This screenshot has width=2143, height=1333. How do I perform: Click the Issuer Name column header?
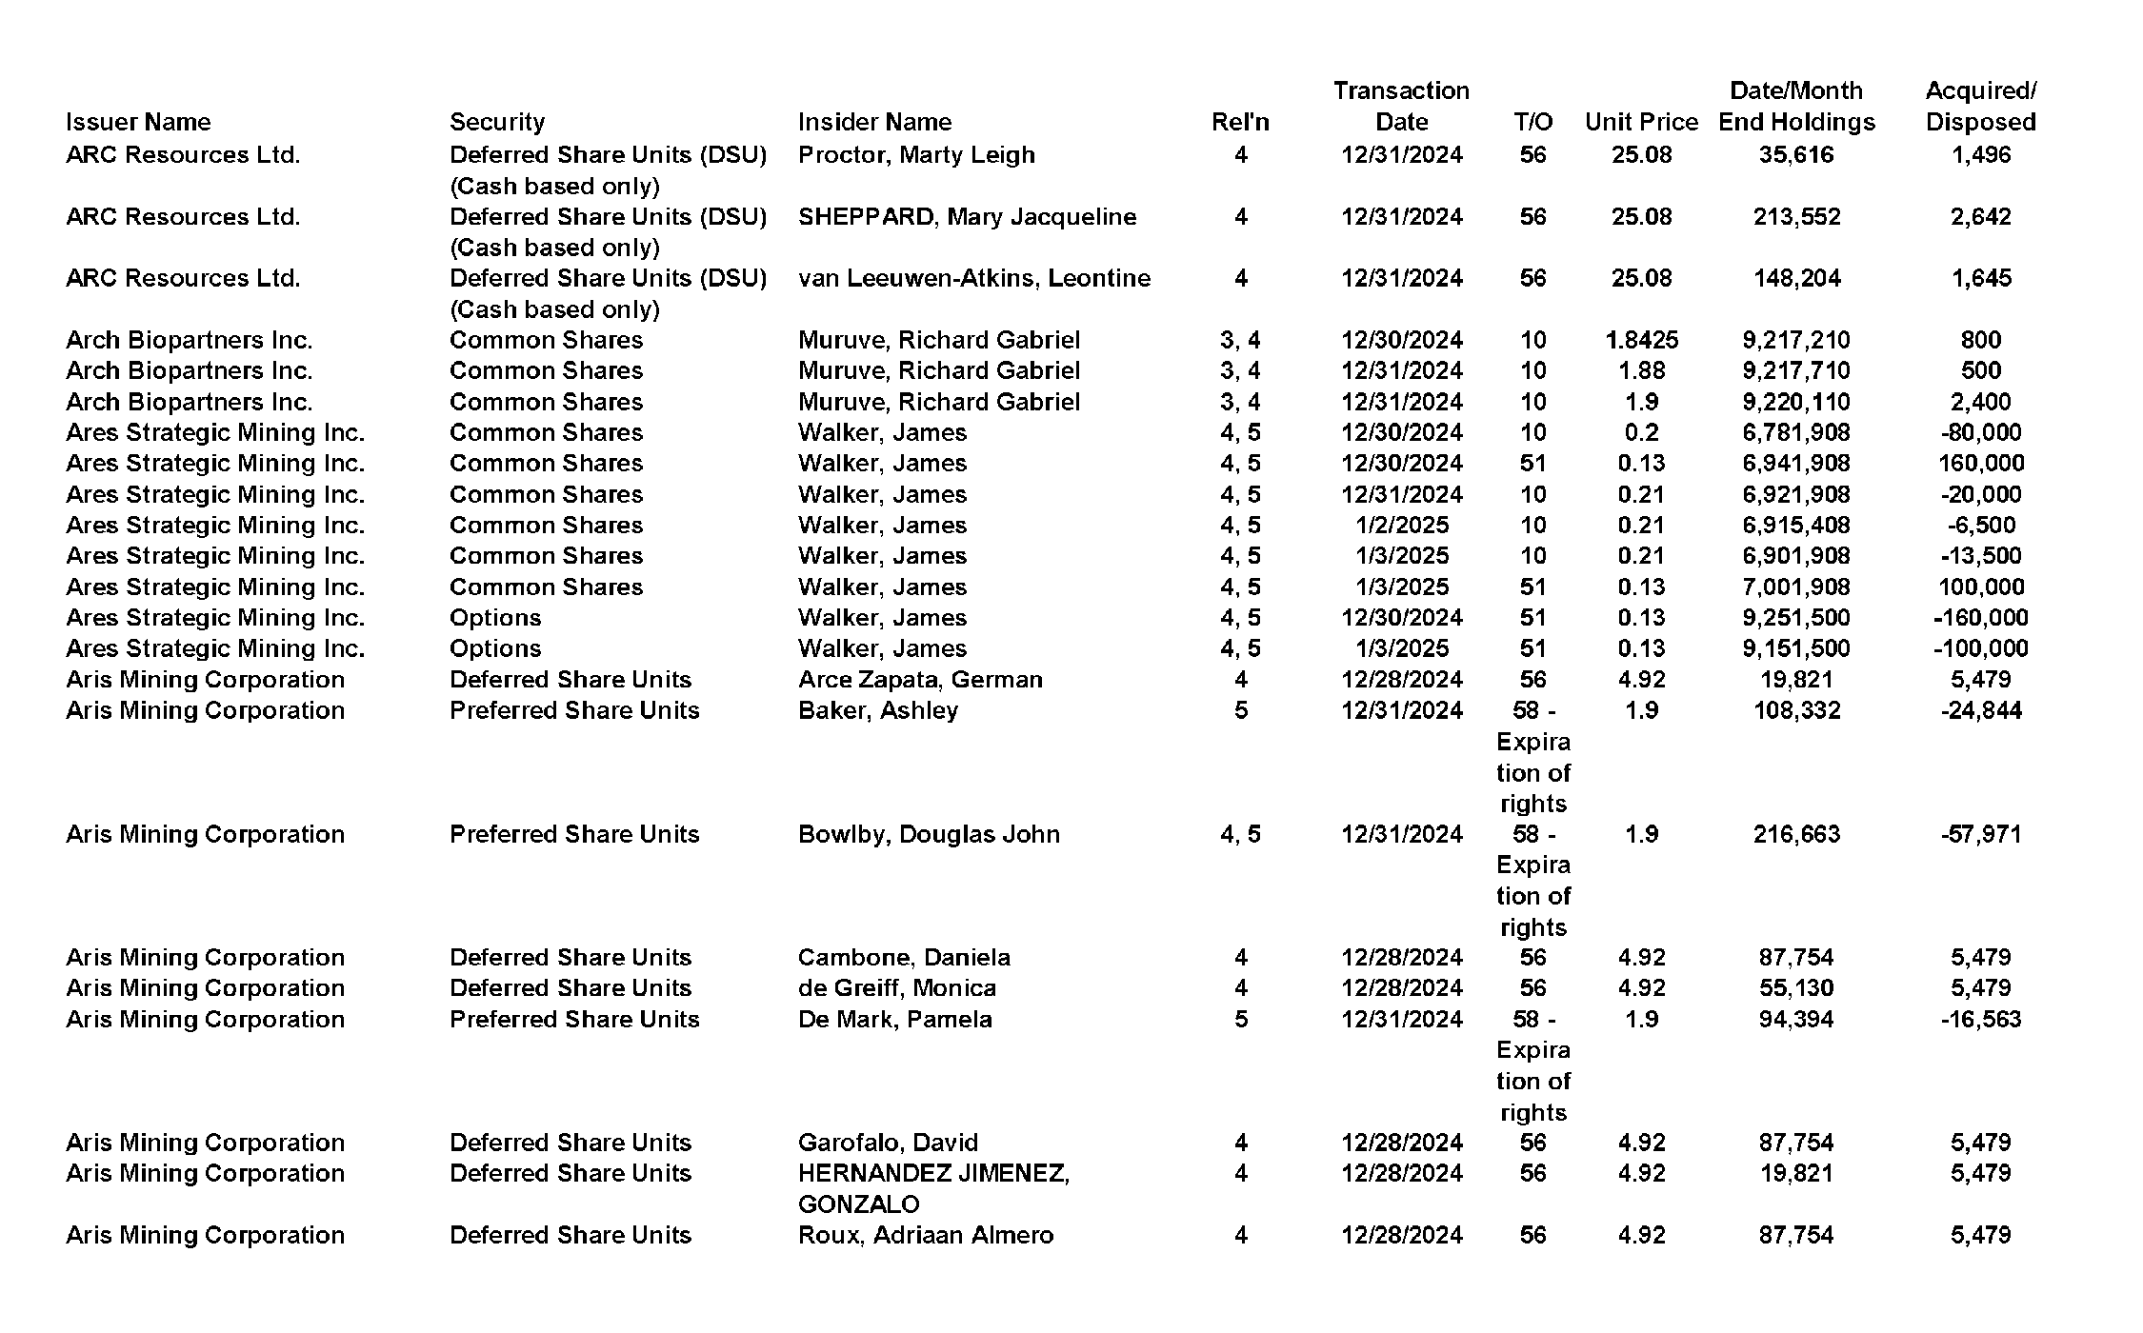(x=138, y=122)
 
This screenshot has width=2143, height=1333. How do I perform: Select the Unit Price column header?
(x=1641, y=122)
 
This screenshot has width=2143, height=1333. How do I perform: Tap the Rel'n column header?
(x=1240, y=122)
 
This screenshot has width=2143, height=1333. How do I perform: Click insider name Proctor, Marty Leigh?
(x=916, y=154)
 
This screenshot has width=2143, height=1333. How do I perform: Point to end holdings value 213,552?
(x=1796, y=216)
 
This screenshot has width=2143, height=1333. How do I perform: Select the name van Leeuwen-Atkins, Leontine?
(x=974, y=278)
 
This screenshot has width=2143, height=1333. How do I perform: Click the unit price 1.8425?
(x=1641, y=340)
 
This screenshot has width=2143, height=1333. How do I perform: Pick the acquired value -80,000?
(x=1980, y=432)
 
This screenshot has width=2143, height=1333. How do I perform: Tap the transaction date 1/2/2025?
(x=1401, y=525)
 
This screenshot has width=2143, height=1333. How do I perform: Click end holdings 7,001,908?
(x=1796, y=587)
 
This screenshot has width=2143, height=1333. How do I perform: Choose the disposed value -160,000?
(x=1980, y=617)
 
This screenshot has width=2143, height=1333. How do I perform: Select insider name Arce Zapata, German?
(x=920, y=679)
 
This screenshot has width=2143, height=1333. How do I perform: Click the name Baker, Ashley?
(x=878, y=710)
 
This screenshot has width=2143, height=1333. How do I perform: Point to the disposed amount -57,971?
(x=1980, y=834)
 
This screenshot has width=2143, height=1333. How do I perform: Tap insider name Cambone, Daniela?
(x=904, y=957)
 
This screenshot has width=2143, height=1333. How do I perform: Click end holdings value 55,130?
(x=1796, y=987)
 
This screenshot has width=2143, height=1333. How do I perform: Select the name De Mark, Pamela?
(x=894, y=1019)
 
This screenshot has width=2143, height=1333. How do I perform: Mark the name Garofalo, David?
(x=888, y=1142)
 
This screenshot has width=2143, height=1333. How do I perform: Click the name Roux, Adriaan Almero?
(x=926, y=1235)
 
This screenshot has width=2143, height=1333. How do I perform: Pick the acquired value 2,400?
(x=1980, y=402)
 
